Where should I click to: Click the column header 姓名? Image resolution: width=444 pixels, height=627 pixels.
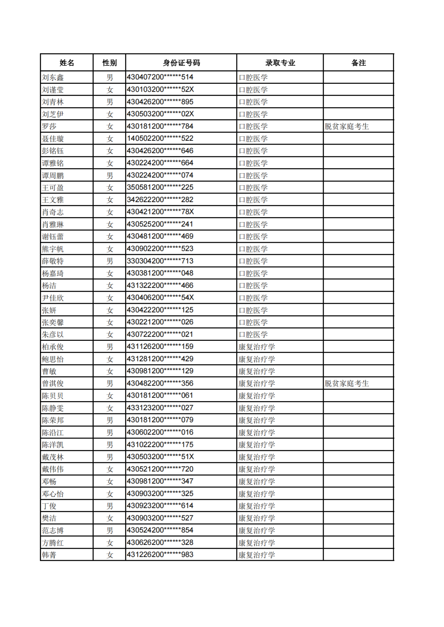(x=67, y=63)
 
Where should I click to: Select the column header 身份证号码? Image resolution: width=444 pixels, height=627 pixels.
(x=181, y=63)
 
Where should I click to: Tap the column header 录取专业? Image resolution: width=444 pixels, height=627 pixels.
(x=280, y=63)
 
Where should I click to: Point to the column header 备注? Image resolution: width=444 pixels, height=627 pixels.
(x=358, y=63)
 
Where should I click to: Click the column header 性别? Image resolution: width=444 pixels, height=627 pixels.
(x=109, y=63)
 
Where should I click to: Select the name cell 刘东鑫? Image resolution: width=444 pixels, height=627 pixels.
(x=53, y=78)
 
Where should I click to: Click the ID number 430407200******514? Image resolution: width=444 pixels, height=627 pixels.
(x=160, y=77)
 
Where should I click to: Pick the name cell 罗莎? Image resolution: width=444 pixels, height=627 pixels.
(x=49, y=126)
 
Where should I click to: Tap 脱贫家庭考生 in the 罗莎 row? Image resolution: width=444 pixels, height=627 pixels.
(x=347, y=126)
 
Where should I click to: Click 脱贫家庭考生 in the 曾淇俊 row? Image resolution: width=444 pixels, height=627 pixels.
(x=347, y=384)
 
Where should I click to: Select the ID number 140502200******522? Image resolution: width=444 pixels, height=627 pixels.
(x=160, y=138)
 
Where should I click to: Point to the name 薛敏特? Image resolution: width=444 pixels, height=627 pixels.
(x=53, y=261)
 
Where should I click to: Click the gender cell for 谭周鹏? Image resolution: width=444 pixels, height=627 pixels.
(x=110, y=176)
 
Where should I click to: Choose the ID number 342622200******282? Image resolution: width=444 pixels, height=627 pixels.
(x=160, y=200)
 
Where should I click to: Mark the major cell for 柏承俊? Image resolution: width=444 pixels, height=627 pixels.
(x=257, y=347)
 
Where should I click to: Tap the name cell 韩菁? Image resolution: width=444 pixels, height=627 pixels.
(x=49, y=555)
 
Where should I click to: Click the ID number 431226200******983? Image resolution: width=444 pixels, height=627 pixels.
(x=160, y=555)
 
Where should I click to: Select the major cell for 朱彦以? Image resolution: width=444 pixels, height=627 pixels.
(x=253, y=335)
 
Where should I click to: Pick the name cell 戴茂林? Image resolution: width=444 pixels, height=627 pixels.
(x=53, y=457)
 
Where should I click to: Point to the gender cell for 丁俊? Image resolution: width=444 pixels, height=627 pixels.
(x=110, y=506)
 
